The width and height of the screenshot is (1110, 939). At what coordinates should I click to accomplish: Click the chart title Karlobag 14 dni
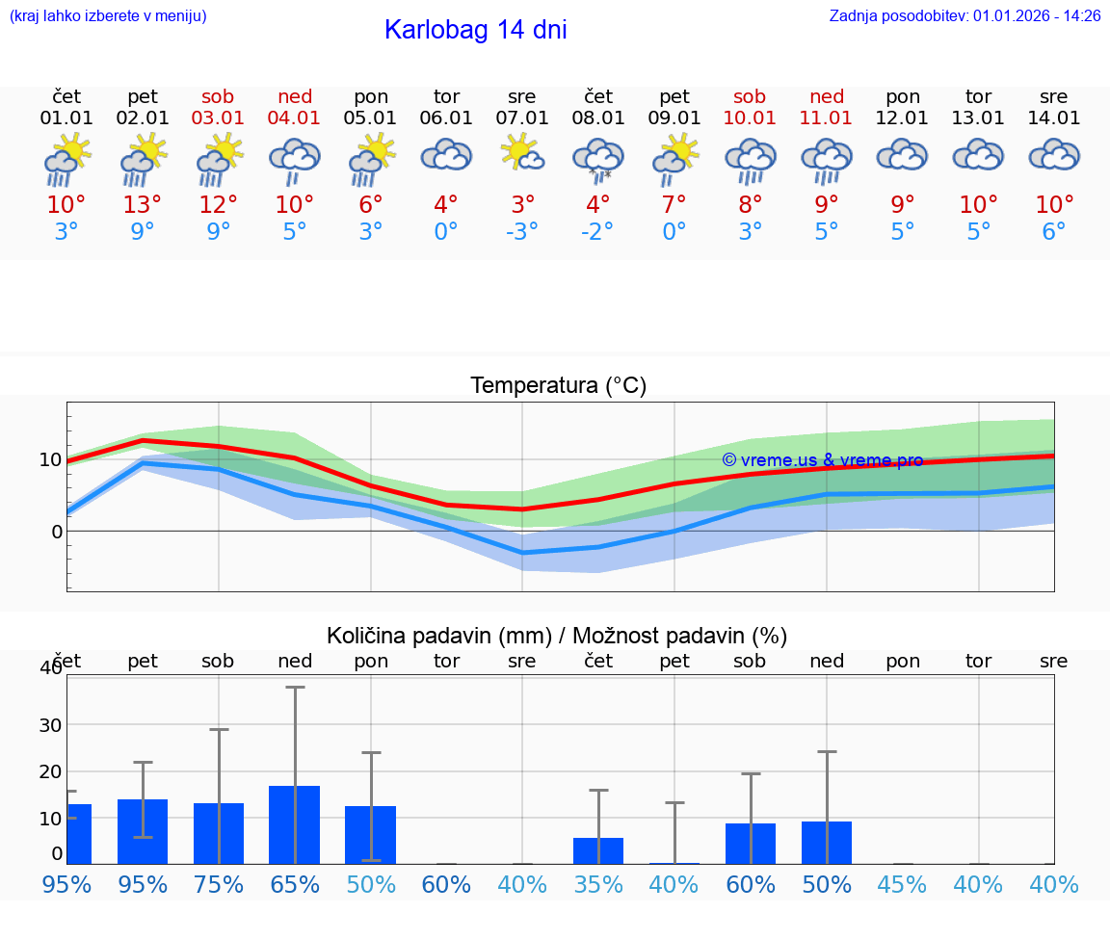coord(475,30)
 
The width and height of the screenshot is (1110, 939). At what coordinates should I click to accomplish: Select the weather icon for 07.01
coord(522,154)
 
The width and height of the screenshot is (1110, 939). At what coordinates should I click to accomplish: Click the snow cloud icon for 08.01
coord(598,159)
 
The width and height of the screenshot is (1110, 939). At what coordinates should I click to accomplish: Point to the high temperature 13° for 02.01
coord(143,205)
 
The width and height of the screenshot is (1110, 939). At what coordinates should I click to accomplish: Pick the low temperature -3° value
coord(522,232)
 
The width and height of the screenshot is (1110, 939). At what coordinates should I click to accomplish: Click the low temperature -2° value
coord(598,232)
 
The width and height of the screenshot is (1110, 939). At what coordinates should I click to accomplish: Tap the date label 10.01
coord(750,118)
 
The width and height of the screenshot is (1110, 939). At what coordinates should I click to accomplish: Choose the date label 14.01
coord(1054,118)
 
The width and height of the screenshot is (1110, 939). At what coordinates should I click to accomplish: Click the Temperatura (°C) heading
coord(558,386)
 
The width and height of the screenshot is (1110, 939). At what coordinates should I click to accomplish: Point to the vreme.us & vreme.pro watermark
coord(822,460)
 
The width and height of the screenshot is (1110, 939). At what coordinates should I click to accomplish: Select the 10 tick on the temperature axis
coord(51,459)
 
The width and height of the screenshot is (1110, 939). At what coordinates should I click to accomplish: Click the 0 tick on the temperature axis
coord(57,532)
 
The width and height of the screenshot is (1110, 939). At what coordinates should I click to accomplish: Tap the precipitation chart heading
coord(557,636)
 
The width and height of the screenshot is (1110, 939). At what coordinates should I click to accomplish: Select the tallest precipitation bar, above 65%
coord(295,824)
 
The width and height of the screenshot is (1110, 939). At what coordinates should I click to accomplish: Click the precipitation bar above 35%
coord(598,850)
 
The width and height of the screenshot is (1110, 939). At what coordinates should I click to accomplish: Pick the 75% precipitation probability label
coord(219,885)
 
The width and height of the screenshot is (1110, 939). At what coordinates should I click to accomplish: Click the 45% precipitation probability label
coord(902,885)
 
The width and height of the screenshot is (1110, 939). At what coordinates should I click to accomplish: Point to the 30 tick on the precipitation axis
coord(50,725)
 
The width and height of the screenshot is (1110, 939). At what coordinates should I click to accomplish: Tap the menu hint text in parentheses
coord(108,16)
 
